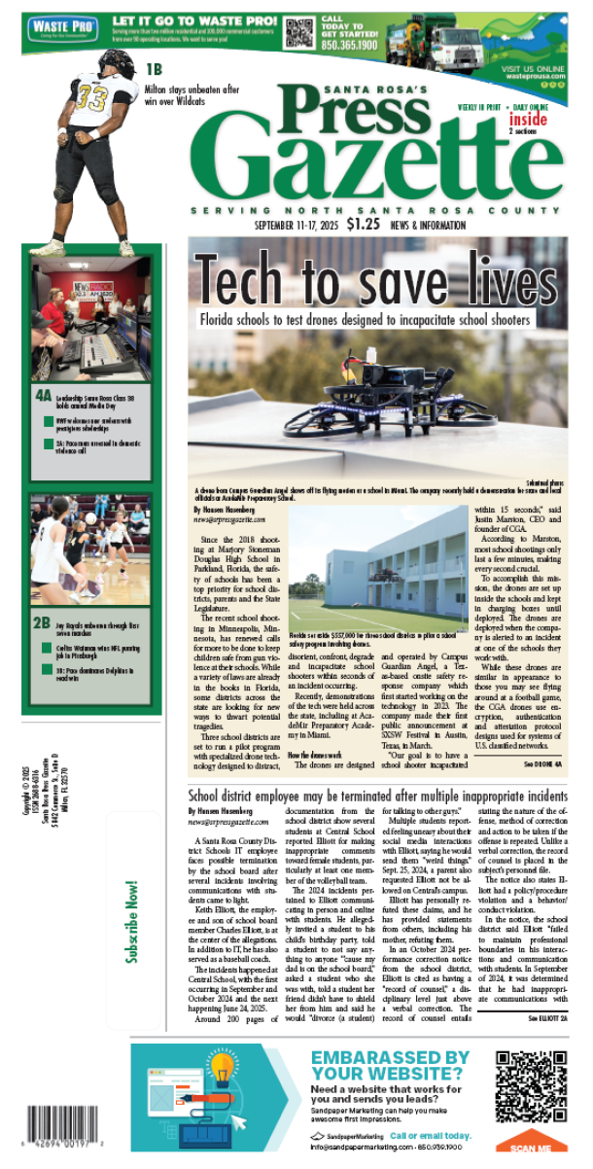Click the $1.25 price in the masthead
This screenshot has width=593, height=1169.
tap(363, 225)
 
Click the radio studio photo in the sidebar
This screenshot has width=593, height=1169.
tap(87, 331)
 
